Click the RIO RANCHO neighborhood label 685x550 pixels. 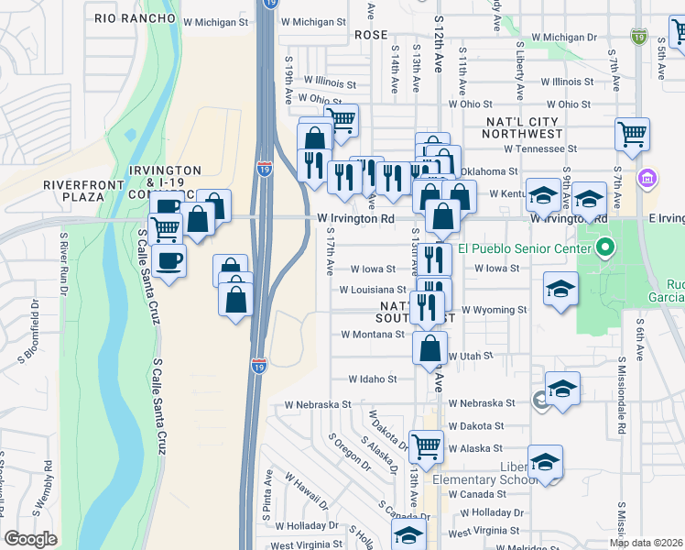click(135, 18)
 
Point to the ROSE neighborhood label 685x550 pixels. click(371, 35)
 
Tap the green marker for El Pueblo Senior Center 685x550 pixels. click(603, 247)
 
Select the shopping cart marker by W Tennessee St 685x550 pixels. click(632, 134)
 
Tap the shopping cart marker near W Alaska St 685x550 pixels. click(426, 446)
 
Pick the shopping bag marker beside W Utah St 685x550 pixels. click(430, 348)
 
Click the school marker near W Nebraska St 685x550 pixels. click(562, 388)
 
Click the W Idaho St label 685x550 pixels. click(373, 379)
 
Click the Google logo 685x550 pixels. click(31, 539)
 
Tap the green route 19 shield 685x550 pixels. click(638, 36)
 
